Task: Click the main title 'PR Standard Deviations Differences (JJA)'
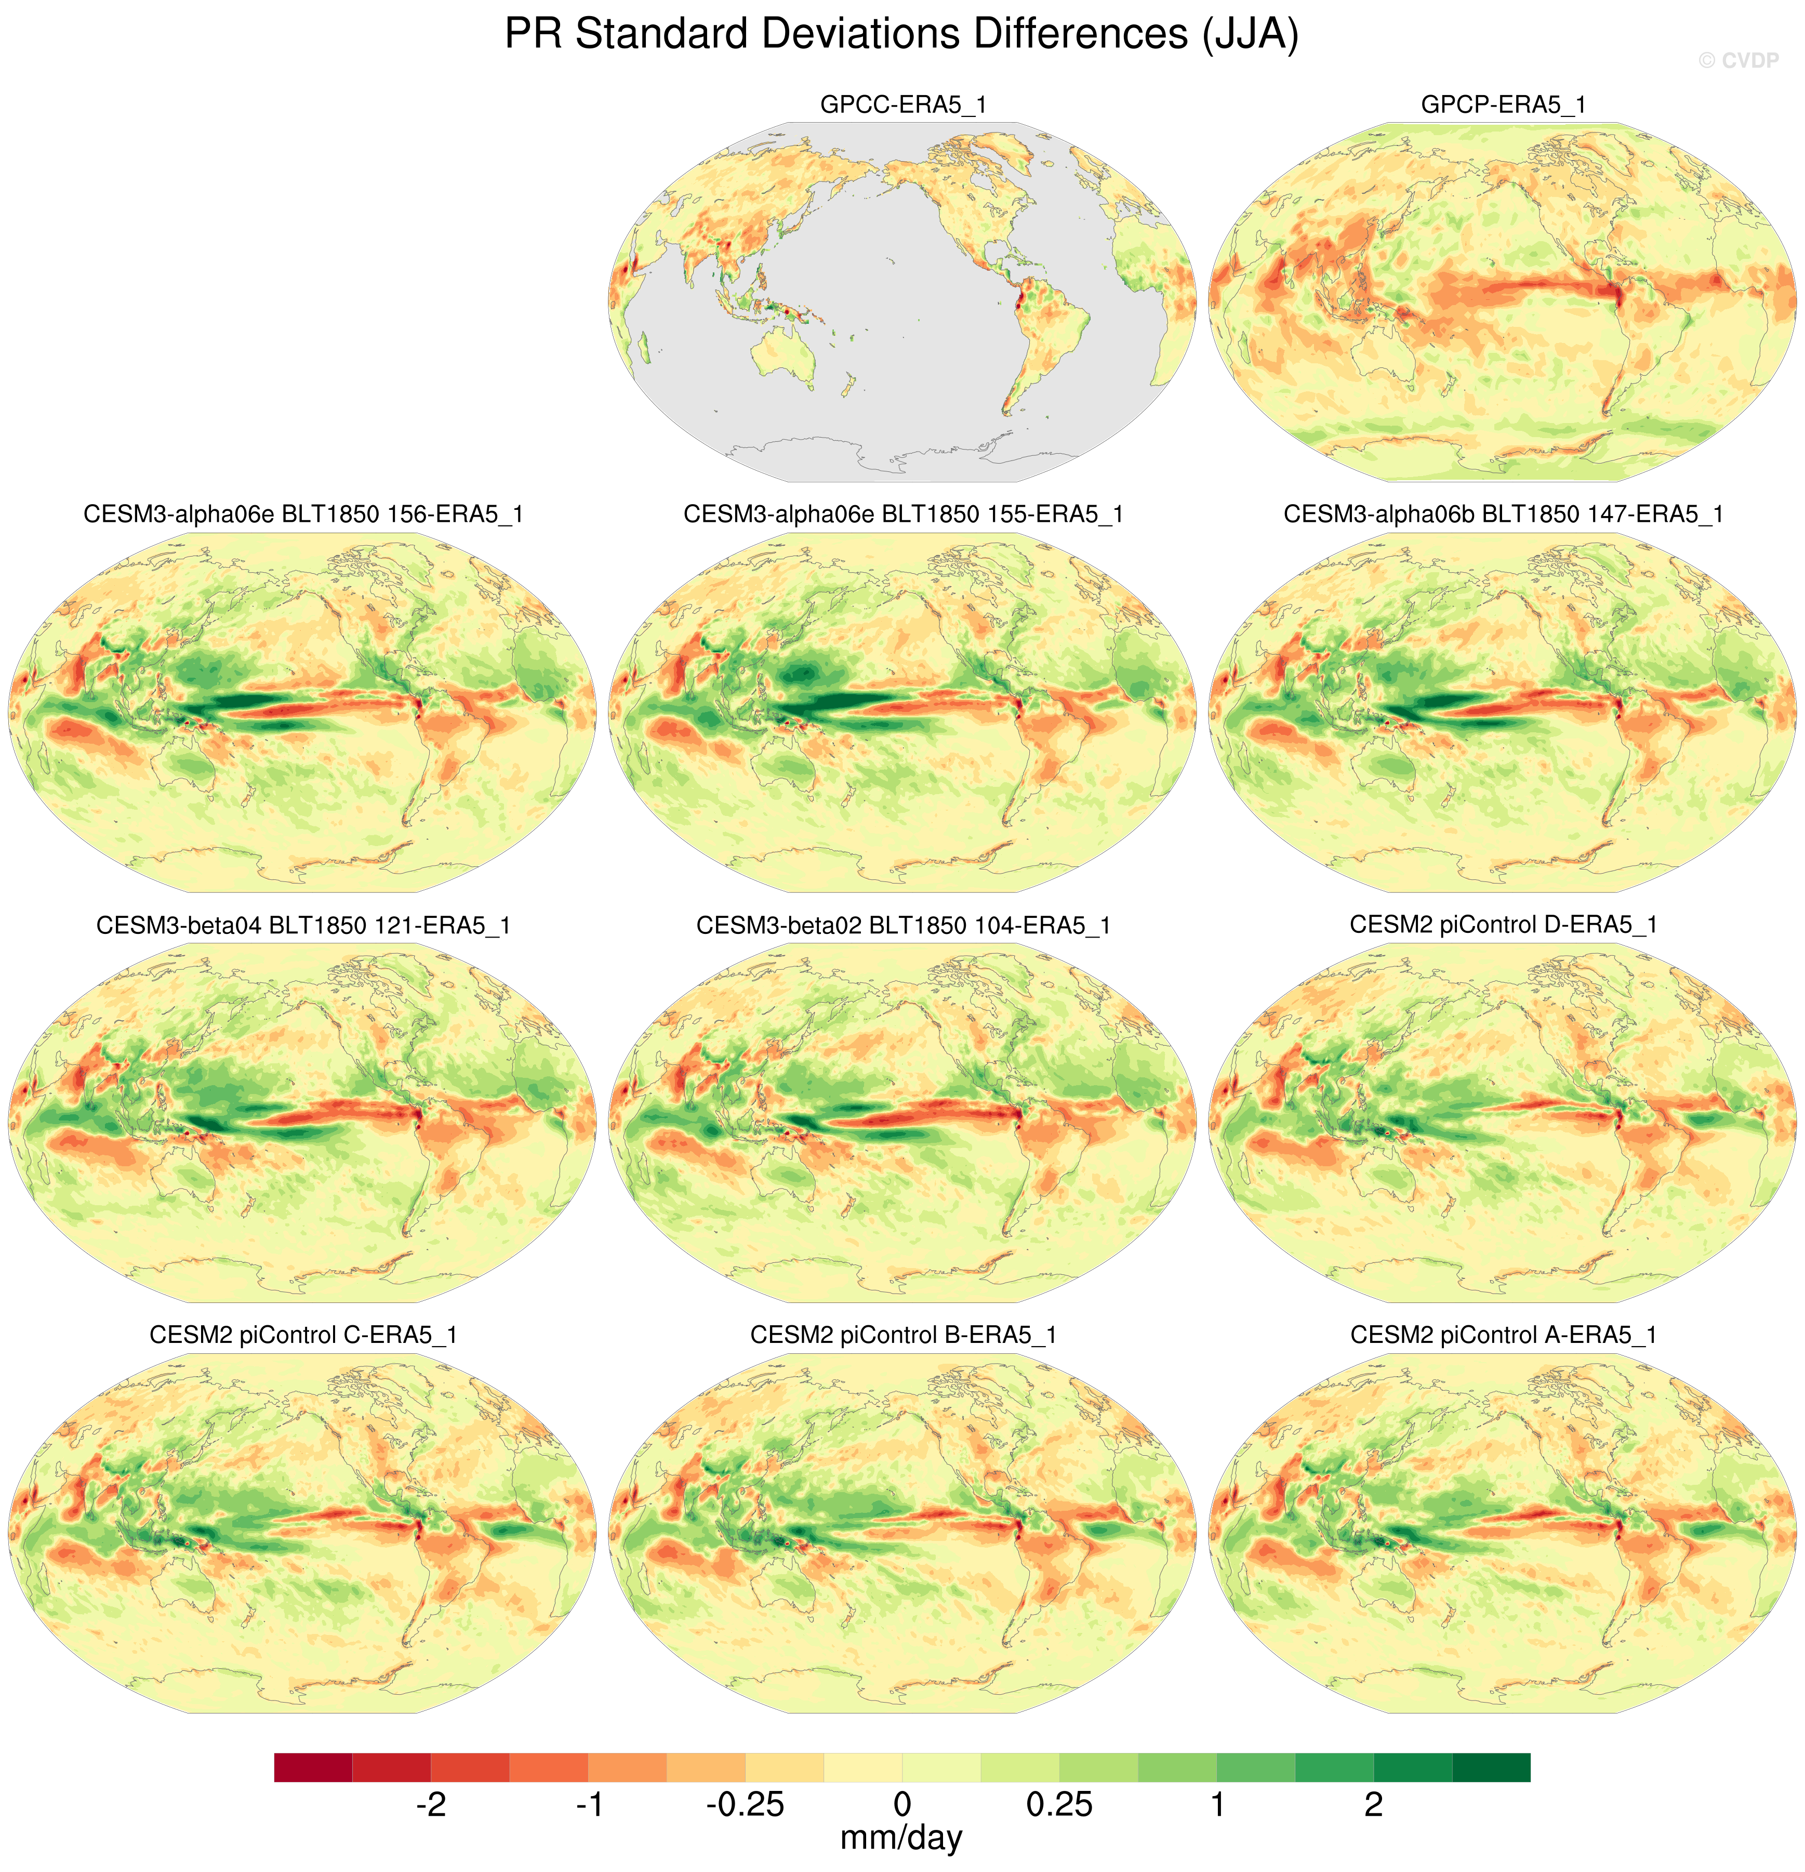[x=901, y=34]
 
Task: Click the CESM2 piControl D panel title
[x=1503, y=925]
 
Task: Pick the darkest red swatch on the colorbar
[x=313, y=1767]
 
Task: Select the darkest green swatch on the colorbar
[x=1491, y=1767]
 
